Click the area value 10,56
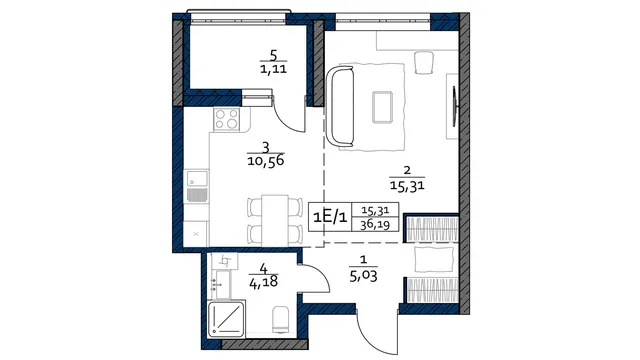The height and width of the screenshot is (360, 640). (x=266, y=161)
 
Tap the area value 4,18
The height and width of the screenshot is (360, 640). (x=263, y=281)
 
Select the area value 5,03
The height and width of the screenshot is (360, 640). (x=363, y=276)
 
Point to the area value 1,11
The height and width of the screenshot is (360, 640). (x=273, y=69)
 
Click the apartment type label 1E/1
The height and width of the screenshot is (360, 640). (x=330, y=217)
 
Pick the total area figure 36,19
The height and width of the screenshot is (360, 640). (x=375, y=224)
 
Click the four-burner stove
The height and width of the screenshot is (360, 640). (x=227, y=119)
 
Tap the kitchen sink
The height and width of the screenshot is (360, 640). (x=198, y=179)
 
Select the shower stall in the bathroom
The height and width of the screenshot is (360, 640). (x=226, y=319)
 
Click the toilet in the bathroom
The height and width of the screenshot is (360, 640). (x=280, y=320)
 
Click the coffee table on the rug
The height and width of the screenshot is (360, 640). (x=382, y=107)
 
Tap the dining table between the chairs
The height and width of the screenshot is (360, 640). (x=275, y=220)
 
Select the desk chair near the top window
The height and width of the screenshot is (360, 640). (x=424, y=62)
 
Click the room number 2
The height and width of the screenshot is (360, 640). (x=407, y=170)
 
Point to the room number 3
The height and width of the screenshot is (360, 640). (x=266, y=147)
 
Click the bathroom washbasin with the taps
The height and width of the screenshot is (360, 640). (x=221, y=284)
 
